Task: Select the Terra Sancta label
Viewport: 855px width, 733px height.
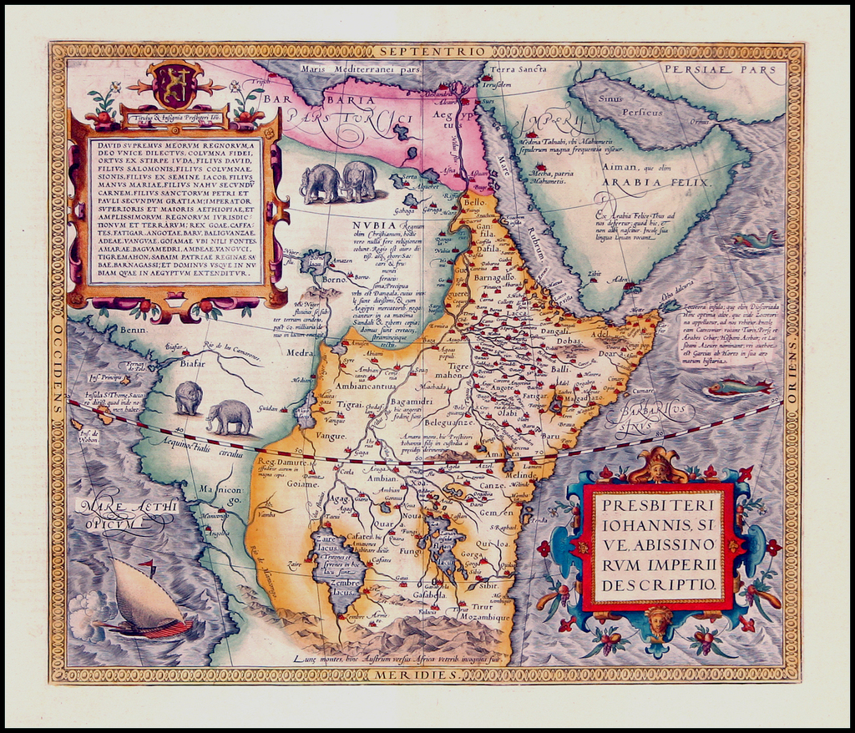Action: (x=518, y=69)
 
